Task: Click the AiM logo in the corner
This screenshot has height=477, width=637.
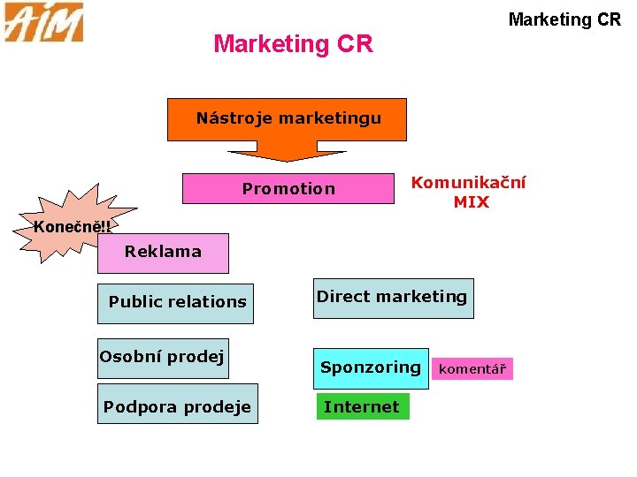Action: tap(43, 22)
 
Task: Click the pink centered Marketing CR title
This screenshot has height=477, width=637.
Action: tap(293, 43)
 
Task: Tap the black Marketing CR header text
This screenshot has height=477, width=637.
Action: tap(564, 19)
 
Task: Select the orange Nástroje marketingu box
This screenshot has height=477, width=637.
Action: tap(288, 118)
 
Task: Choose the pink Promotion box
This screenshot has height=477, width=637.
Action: tap(288, 188)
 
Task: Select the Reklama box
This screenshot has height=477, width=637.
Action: tap(163, 252)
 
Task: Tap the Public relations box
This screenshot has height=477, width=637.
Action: tap(176, 302)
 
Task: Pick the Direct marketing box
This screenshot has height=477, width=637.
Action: tap(392, 298)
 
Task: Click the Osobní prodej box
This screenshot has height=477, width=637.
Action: tap(163, 358)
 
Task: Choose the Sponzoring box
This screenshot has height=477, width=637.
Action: tap(371, 367)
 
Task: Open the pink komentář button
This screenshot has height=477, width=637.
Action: tap(472, 369)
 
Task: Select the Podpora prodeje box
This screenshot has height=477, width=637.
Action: tap(177, 406)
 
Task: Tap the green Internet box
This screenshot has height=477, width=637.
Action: tap(362, 407)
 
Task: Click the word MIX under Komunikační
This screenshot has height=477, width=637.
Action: tap(471, 202)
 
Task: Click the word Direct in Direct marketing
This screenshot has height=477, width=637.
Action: tap(341, 297)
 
